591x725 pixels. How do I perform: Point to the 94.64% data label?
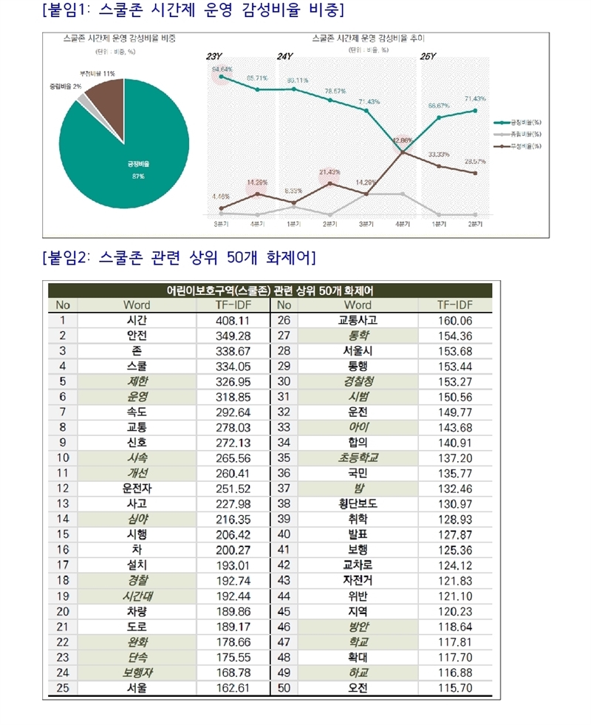(222, 69)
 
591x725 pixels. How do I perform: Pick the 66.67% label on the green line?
(439, 106)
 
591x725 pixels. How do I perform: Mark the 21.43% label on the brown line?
(329, 172)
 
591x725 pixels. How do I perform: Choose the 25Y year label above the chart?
(428, 56)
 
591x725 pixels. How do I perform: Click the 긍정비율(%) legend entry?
(525, 122)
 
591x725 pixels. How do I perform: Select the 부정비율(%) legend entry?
(525, 146)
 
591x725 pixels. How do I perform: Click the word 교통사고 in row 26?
(358, 320)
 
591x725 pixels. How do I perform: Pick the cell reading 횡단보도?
(358, 504)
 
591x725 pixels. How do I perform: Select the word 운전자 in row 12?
(136, 489)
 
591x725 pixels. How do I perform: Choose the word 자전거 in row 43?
(358, 581)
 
